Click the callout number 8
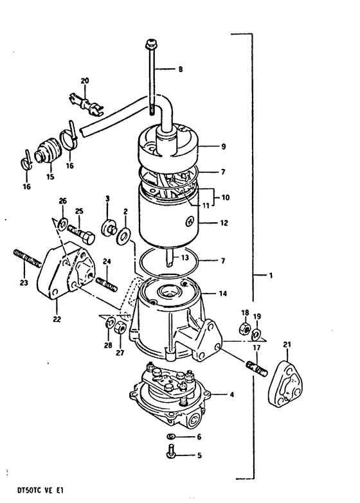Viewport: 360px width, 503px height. tap(180, 69)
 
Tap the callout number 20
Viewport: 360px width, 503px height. tap(84, 81)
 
